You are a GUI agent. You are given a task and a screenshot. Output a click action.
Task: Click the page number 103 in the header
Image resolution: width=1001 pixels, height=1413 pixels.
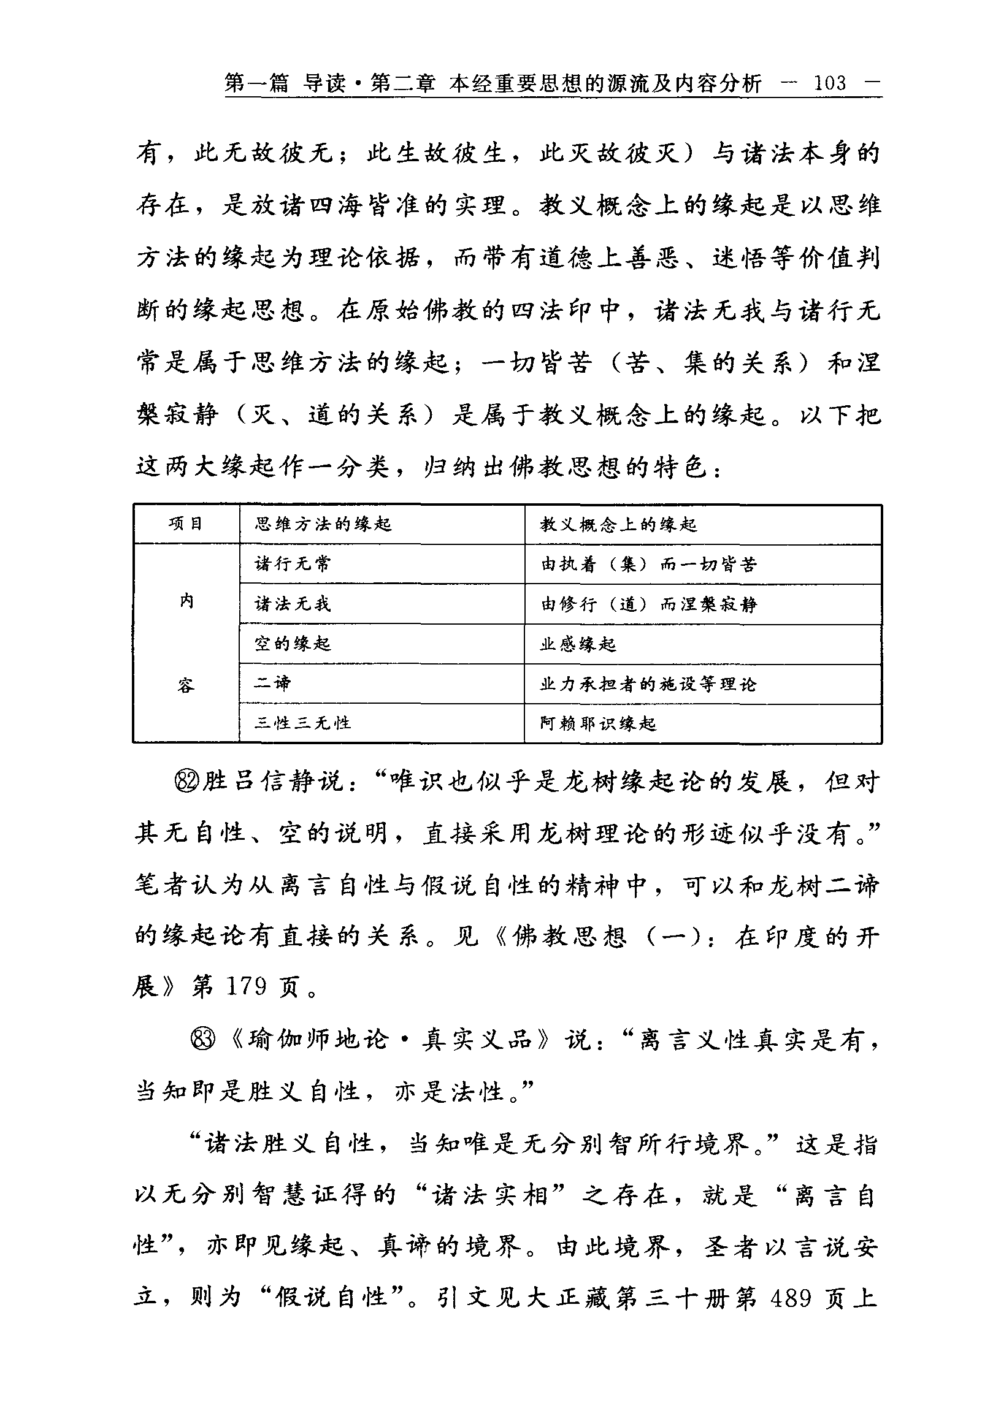click(830, 83)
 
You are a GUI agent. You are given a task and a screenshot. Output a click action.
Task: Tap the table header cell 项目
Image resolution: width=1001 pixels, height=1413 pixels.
click(185, 524)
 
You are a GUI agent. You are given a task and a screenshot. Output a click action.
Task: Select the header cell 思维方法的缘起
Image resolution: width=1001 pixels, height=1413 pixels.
click(323, 524)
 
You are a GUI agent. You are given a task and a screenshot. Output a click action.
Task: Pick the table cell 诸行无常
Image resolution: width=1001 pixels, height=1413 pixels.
click(293, 563)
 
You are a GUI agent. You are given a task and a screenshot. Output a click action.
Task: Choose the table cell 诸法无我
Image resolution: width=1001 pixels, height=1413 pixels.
click(293, 604)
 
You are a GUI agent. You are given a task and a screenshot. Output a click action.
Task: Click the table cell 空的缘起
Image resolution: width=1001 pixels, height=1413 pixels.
click(293, 644)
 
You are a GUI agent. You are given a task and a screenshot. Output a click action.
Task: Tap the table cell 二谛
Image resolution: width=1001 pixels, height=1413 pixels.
click(273, 683)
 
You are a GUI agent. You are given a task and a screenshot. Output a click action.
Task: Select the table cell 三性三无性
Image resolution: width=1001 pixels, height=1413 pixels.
click(302, 723)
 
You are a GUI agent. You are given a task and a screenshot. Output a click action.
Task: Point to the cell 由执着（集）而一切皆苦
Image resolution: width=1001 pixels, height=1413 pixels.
click(648, 564)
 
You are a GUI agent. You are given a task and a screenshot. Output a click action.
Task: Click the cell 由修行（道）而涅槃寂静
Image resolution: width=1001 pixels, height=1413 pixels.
click(648, 604)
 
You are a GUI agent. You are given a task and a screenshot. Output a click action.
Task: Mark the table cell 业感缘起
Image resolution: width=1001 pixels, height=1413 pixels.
click(578, 644)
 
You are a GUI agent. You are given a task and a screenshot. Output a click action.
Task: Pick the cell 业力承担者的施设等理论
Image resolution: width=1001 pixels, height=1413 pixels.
click(648, 684)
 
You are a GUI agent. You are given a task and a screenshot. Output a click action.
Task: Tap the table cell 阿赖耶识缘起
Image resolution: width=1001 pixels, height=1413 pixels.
click(598, 723)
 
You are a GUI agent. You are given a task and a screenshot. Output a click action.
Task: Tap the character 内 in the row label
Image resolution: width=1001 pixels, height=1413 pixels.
click(186, 601)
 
